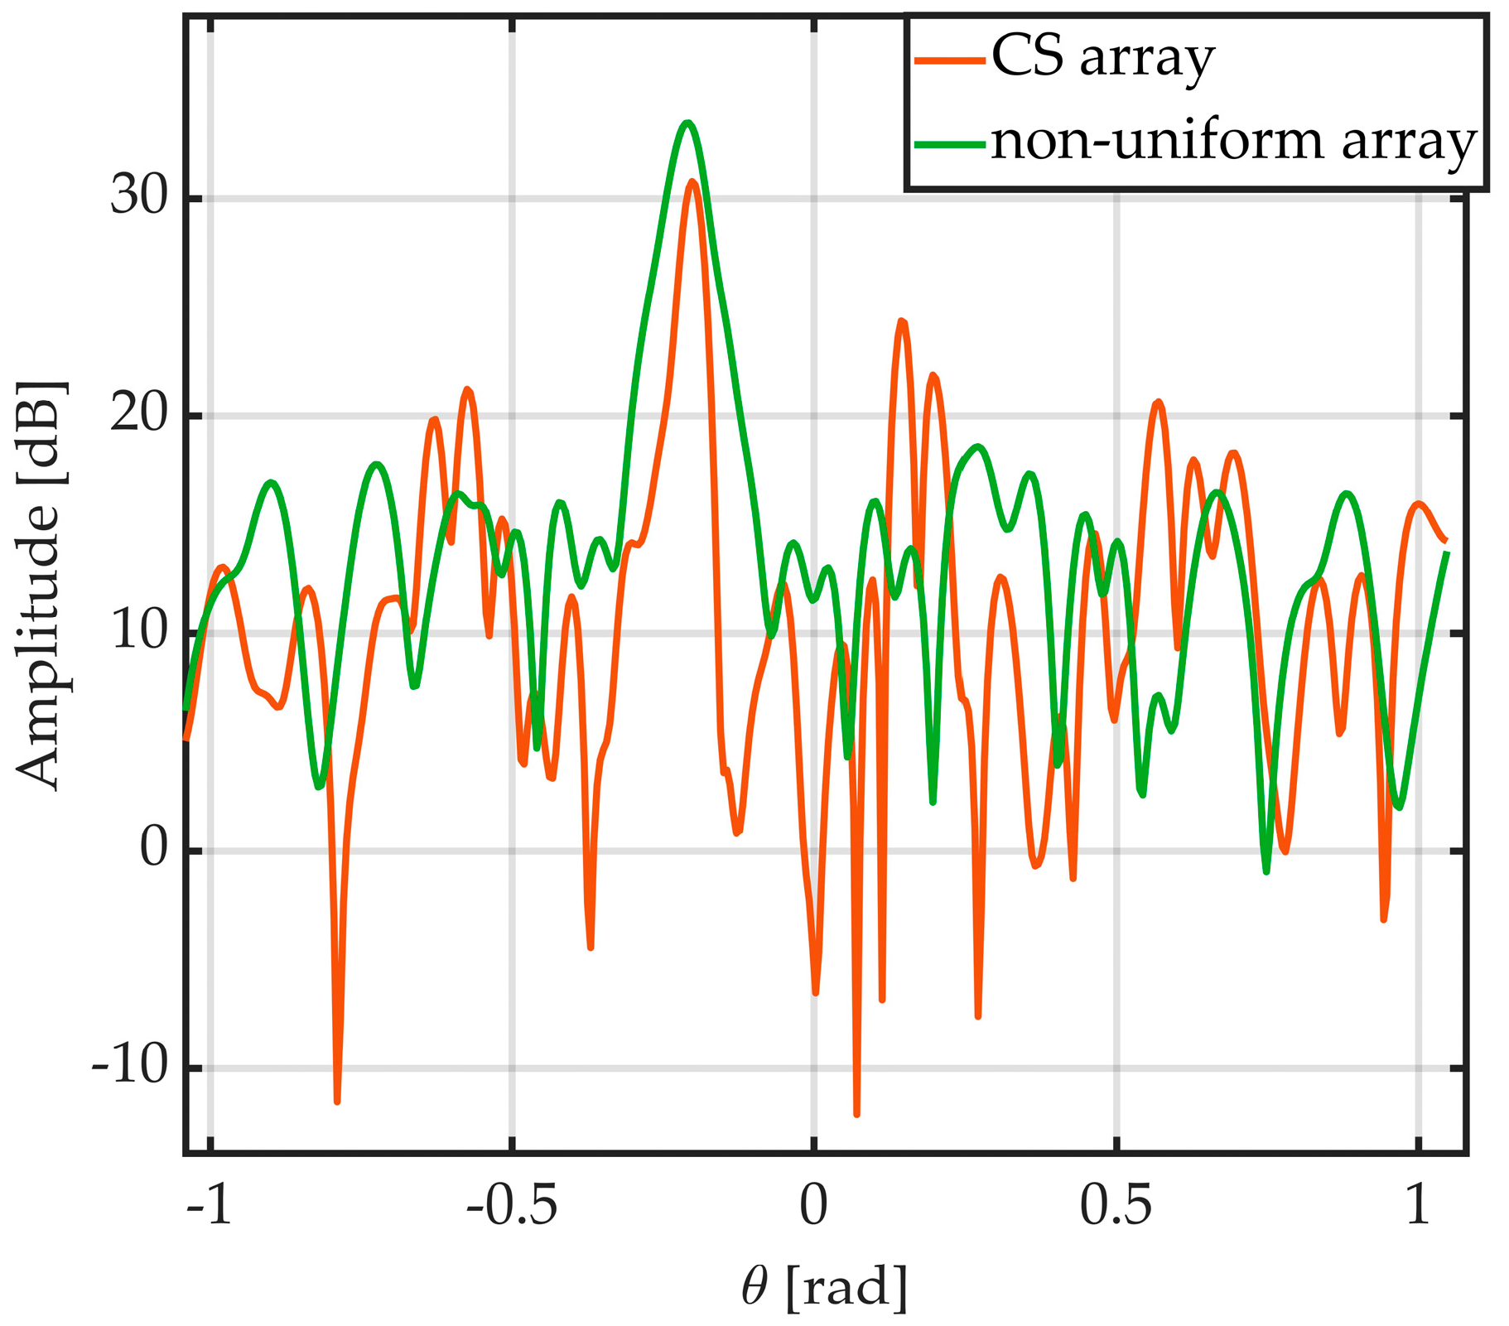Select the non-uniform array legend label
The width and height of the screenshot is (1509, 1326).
click(1234, 142)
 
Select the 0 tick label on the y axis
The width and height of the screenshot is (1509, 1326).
click(153, 851)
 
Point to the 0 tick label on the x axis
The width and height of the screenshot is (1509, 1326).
click(814, 1208)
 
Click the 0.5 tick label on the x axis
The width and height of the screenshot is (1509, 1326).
click(1116, 1208)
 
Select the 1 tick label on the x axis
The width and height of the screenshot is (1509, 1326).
click(1419, 1208)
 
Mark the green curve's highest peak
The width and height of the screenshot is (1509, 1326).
click(687, 123)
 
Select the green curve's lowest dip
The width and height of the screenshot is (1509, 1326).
click(1266, 871)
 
